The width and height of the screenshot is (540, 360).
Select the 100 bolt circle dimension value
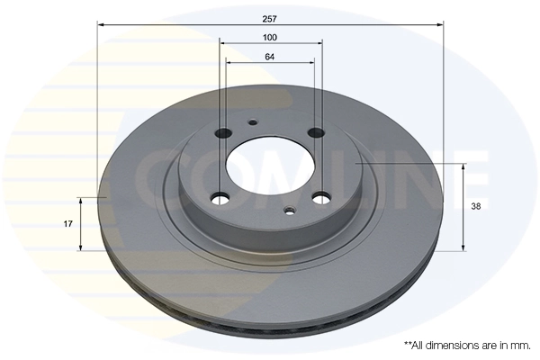click(270, 37)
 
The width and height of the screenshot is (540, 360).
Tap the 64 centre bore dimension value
click(270, 57)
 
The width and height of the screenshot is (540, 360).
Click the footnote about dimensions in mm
click(466, 345)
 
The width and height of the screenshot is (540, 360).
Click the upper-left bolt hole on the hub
click(223, 132)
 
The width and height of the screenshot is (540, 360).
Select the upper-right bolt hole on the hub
click(316, 133)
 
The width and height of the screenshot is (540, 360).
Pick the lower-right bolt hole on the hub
click(319, 198)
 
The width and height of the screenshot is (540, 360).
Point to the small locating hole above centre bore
click(253, 123)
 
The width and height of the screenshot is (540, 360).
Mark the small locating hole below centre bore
click(288, 212)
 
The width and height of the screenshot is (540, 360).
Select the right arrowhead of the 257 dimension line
click(440, 25)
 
